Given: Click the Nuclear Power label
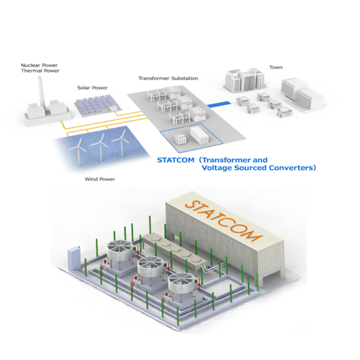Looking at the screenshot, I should tap(40, 65).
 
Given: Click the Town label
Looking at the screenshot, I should tap(276, 67).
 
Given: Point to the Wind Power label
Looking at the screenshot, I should tap(100, 179).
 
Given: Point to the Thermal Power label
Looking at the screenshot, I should tap(40, 71).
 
